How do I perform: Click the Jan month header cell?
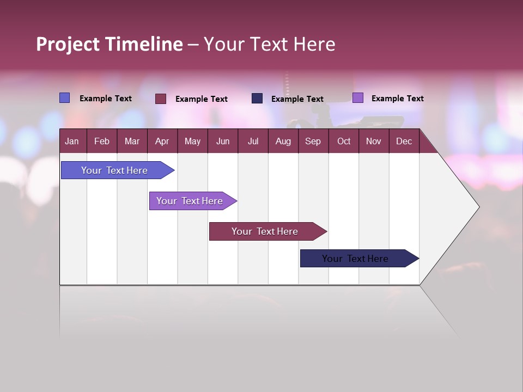[x=72, y=141]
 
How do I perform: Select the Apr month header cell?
[x=162, y=141]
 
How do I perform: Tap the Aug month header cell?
[x=283, y=141]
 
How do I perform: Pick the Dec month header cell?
[x=404, y=141]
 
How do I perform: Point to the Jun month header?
[x=222, y=141]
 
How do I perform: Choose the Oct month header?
[x=343, y=141]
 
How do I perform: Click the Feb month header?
[x=102, y=141]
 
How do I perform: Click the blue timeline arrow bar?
[x=114, y=170]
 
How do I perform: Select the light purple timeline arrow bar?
[x=190, y=201]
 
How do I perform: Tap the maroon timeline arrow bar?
[x=265, y=231]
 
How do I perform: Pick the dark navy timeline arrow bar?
[x=355, y=259]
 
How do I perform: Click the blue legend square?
[x=64, y=98]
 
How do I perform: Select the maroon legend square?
[x=160, y=99]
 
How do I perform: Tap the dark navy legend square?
[x=257, y=99]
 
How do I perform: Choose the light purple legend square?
[x=357, y=98]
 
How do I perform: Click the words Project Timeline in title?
[x=109, y=44]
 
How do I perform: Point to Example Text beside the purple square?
[x=397, y=99]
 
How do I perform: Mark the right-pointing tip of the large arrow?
[x=478, y=207]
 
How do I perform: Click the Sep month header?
[x=313, y=141]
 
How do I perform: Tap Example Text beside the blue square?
[x=105, y=99]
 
